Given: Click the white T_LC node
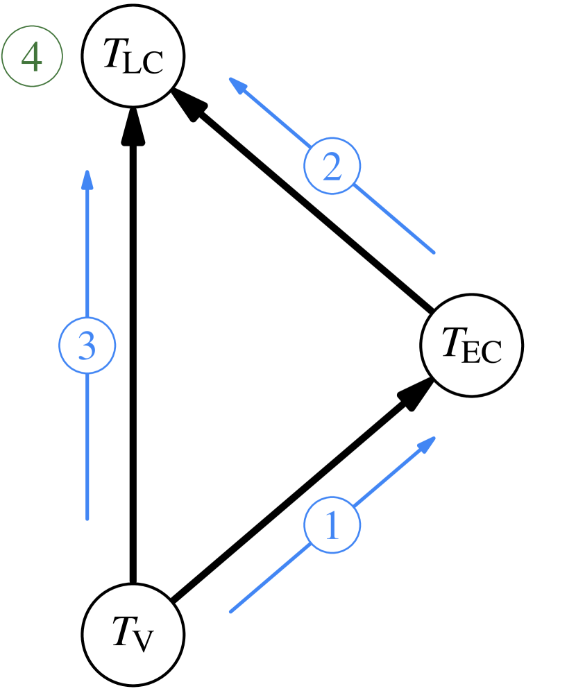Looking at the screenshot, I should pos(133,56).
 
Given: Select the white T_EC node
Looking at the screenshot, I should pos(471,345).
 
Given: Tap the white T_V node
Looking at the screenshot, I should pos(133,633).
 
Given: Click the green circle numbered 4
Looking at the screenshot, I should pos(32,58).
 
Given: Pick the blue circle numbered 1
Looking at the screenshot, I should pos(332,526).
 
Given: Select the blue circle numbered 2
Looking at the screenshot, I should pos(332,167).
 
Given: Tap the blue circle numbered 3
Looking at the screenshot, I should pos(87,345).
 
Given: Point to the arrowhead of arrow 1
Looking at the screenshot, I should pos(428,443).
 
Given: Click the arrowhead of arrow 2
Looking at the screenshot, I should pos(237,84).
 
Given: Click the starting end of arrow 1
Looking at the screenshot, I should pos(231,611).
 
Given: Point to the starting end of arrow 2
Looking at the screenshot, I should pos(434,252).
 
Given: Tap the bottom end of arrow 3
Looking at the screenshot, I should pos(87,518).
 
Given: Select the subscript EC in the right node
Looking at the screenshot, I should pos(482,353).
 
